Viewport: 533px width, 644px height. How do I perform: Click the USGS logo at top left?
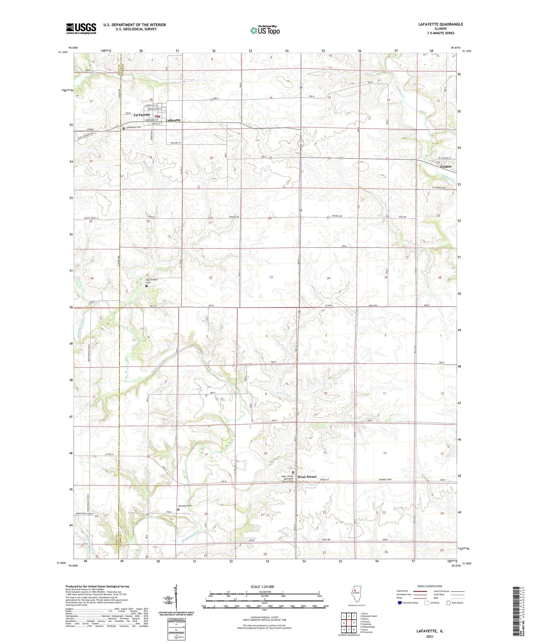[x=81, y=28]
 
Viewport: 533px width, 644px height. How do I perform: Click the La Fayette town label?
[x=142, y=115]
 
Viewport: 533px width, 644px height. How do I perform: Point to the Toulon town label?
[x=445, y=167]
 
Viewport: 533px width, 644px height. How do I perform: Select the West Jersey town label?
[x=307, y=477]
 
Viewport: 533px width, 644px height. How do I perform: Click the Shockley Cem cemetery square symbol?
[x=179, y=510]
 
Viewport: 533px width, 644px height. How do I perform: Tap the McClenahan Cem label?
[x=151, y=281]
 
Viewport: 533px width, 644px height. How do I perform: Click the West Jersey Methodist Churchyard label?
[x=287, y=478]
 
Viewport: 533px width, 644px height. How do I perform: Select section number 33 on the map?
[x=271, y=277]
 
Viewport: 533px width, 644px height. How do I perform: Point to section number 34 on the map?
[x=328, y=278]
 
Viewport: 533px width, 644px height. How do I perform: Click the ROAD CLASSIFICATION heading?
[x=430, y=586]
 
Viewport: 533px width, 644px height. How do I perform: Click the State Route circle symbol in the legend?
[x=449, y=603]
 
